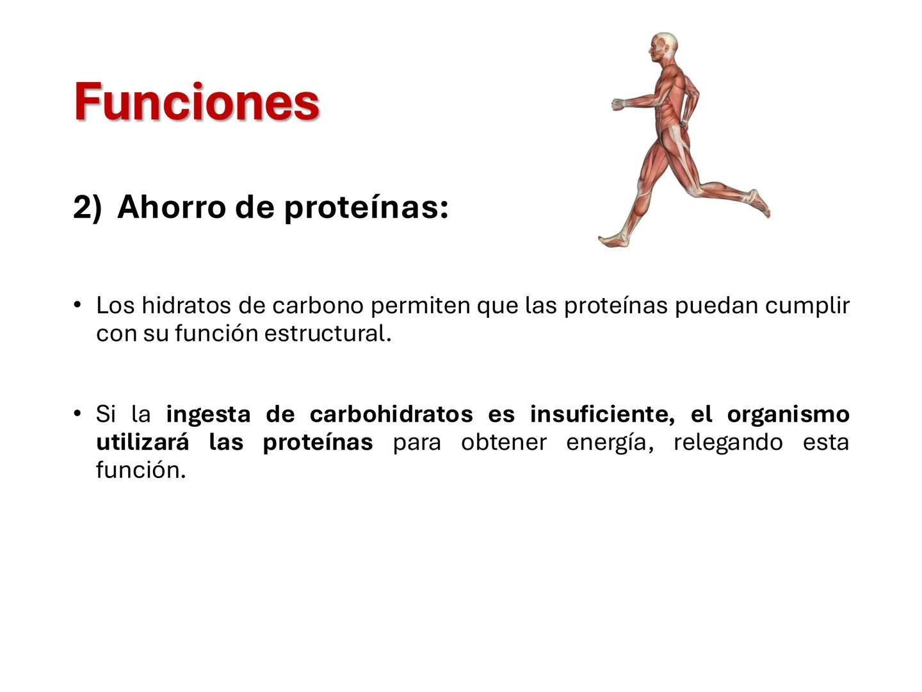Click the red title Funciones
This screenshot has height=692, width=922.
(x=197, y=101)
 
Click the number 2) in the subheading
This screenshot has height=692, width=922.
(x=87, y=207)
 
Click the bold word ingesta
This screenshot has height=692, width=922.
(x=208, y=414)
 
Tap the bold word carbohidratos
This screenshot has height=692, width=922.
(x=391, y=414)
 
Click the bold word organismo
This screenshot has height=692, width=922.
(x=788, y=414)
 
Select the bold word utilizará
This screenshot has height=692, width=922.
(x=142, y=442)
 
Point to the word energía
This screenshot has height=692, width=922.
(x=610, y=442)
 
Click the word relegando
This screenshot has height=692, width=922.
(x=728, y=442)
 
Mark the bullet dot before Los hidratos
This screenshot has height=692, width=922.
(x=77, y=304)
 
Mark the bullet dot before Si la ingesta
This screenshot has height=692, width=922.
(x=77, y=413)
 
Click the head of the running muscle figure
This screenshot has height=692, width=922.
(x=665, y=47)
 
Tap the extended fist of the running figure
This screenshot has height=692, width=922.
(x=618, y=104)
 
